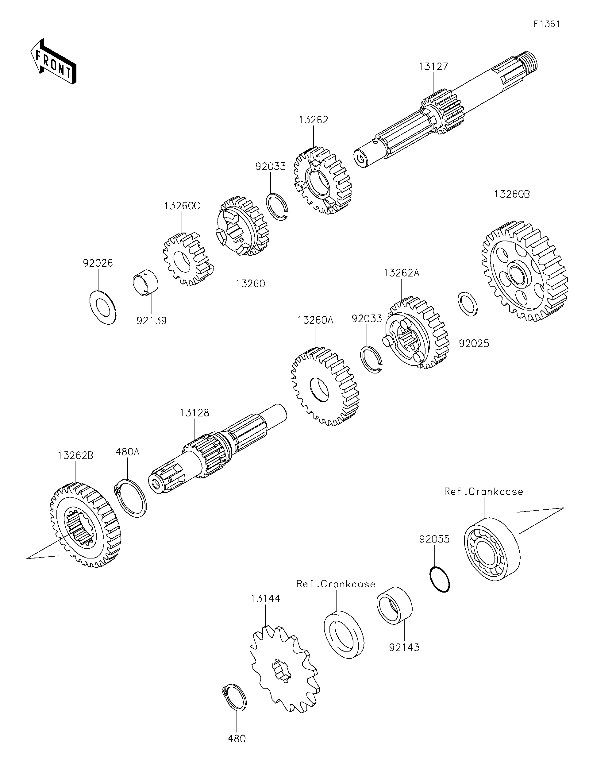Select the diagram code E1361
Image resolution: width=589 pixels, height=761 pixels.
click(546, 24)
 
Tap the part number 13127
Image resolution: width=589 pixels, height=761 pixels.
click(433, 67)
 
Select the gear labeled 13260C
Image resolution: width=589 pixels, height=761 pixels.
click(186, 260)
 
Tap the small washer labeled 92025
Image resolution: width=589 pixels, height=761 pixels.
click(468, 304)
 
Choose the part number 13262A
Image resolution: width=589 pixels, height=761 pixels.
click(401, 273)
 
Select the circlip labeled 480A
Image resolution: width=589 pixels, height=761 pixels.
click(131, 498)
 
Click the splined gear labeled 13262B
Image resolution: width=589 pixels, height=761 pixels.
click(84, 524)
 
